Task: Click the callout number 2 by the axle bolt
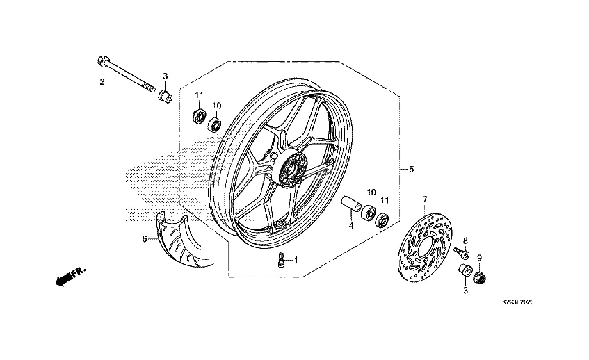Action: click(102, 82)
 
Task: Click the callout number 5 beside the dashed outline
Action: click(411, 169)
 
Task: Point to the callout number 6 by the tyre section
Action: click(145, 239)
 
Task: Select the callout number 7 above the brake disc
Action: click(425, 200)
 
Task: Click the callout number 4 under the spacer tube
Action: click(351, 225)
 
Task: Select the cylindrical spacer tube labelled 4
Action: click(350, 206)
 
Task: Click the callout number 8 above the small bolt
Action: click(465, 240)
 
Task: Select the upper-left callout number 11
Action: click(198, 95)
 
